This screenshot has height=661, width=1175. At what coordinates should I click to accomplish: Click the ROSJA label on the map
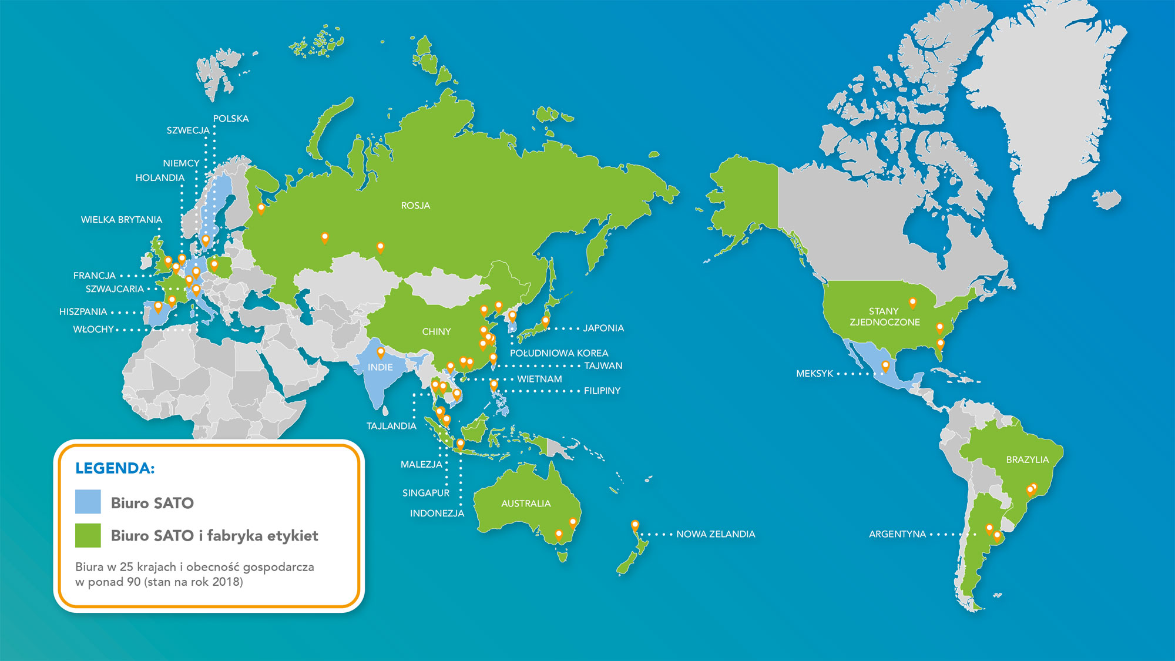415,206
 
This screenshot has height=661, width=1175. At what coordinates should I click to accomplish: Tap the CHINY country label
437,332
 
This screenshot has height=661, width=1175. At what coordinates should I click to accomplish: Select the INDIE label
380,367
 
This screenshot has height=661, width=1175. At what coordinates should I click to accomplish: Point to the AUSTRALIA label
526,504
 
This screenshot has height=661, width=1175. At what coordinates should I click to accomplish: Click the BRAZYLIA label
1027,459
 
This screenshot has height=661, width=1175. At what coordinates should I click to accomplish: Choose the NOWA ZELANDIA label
716,534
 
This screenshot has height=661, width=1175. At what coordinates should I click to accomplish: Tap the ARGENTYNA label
897,534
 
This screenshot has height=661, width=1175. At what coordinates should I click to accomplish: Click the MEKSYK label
814,374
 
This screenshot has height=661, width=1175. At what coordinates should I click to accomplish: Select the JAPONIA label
603,328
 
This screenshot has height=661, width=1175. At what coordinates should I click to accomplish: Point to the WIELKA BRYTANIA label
122,220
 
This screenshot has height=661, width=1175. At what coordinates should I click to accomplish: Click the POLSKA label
231,119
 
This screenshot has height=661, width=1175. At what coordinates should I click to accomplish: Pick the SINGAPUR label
426,493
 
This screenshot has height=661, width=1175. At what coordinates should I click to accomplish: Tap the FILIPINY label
602,391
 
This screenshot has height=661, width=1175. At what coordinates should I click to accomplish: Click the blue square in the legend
88,502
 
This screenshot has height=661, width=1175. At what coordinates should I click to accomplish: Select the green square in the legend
88,535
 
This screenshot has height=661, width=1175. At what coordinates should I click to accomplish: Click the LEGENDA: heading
115,468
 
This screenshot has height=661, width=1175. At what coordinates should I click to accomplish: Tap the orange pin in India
381,353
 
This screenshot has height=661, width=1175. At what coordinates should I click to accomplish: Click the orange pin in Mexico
885,366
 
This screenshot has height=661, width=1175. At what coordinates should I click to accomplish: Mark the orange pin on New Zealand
634,525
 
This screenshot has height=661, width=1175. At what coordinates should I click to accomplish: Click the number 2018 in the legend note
226,582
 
